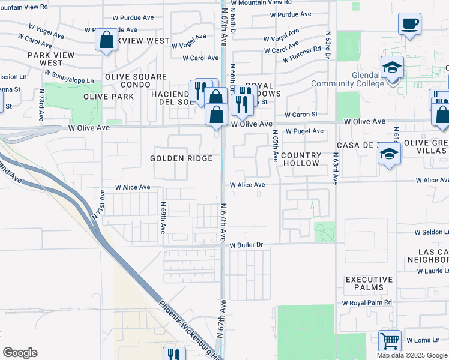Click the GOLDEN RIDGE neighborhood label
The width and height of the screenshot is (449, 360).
[x=181, y=158]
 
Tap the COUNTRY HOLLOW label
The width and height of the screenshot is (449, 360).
[x=301, y=159]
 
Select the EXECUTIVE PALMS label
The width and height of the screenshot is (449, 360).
[x=369, y=284]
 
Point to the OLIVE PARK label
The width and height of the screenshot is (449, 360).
[x=109, y=97]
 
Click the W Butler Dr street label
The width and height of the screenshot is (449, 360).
[x=247, y=244]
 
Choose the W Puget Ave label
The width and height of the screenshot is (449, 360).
[x=304, y=131]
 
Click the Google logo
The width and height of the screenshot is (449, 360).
[x=20, y=353]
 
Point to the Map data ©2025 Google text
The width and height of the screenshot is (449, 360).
[x=412, y=355]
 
